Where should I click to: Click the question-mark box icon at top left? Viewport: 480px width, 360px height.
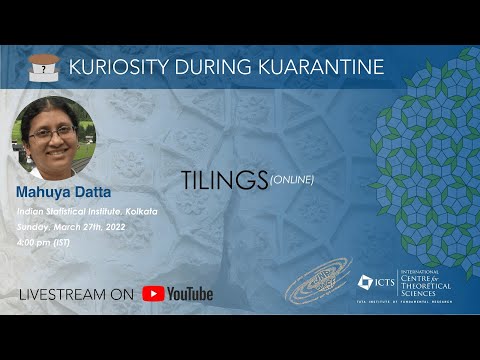(x=43, y=67)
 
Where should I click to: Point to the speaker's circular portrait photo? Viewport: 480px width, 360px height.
(x=53, y=137)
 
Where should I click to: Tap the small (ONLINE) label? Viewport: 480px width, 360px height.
(x=292, y=180)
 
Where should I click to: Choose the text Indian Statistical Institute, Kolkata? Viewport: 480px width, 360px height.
(x=86, y=214)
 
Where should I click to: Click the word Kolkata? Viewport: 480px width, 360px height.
(x=140, y=214)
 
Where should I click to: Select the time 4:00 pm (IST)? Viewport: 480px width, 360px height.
(x=41, y=242)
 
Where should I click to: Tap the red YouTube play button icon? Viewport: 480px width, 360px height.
(x=153, y=294)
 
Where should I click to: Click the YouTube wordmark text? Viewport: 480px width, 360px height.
(x=190, y=294)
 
